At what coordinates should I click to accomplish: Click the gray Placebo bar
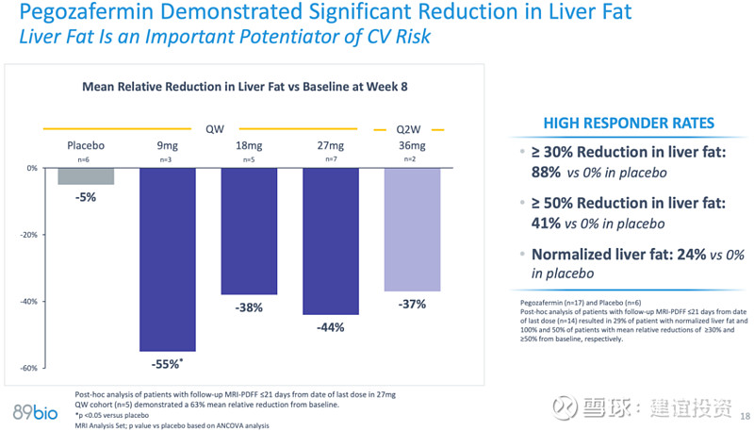pyautogui.click(x=86, y=176)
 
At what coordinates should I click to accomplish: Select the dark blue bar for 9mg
pyautogui.click(x=167, y=259)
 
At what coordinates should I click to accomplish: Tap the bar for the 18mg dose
pyautogui.click(x=249, y=231)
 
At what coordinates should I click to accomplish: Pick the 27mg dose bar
pyautogui.click(x=330, y=241)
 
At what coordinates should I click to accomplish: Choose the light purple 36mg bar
pyautogui.click(x=412, y=229)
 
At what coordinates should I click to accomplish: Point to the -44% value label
pyautogui.click(x=330, y=327)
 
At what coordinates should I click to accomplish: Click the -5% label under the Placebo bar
pyautogui.click(x=86, y=197)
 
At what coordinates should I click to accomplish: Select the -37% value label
pyautogui.click(x=412, y=304)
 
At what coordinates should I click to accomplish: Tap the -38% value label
pyautogui.click(x=249, y=307)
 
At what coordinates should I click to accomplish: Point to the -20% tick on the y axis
pyautogui.click(x=29, y=235)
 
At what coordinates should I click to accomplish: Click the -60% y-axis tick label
pyautogui.click(x=29, y=368)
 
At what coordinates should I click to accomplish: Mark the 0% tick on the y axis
pyautogui.click(x=32, y=168)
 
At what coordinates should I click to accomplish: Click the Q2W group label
pyautogui.click(x=409, y=128)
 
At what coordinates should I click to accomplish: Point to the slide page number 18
pyautogui.click(x=745, y=416)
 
